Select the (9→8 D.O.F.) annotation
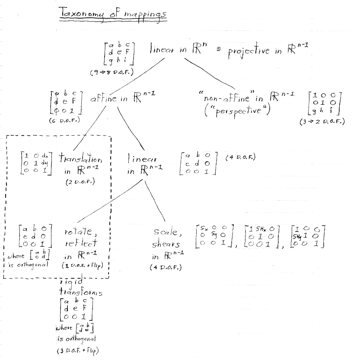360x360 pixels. point(111,73)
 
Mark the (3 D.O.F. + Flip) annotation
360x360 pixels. point(77,350)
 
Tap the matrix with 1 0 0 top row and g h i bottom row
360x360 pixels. point(324,105)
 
